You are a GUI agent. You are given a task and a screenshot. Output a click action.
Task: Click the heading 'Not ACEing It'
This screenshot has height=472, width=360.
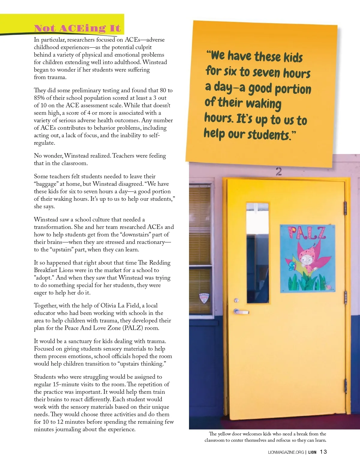(x=77, y=28)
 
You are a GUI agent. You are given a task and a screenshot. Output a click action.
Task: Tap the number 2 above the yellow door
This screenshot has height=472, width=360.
(x=279, y=171)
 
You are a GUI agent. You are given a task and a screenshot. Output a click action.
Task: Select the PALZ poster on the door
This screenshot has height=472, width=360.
(x=307, y=258)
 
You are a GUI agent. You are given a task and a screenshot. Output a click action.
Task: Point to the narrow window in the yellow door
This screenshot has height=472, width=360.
(x=257, y=253)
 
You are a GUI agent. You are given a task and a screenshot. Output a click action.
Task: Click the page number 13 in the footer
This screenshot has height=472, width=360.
(x=323, y=452)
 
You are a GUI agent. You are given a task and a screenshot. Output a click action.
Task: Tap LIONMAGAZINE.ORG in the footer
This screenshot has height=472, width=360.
(x=286, y=452)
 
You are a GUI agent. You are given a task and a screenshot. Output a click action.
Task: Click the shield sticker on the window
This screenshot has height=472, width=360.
(x=204, y=298)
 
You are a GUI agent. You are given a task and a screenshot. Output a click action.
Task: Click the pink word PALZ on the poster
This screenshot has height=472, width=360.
(x=307, y=233)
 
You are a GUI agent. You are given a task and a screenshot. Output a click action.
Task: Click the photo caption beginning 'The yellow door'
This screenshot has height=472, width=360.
(x=265, y=437)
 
